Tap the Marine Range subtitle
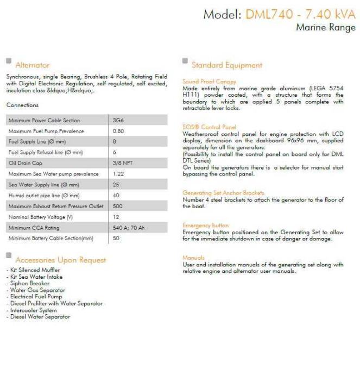coord(326,28)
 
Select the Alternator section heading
coord(33,65)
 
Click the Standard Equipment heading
coord(226,65)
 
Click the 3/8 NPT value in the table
coord(122,163)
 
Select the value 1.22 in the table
coord(118,174)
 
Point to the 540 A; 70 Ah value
coord(129,228)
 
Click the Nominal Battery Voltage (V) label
coord(41,217)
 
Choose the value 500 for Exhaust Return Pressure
coord(118,206)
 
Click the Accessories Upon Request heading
coord(61,260)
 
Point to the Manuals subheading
coord(193,258)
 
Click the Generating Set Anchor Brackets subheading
coord(223,193)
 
